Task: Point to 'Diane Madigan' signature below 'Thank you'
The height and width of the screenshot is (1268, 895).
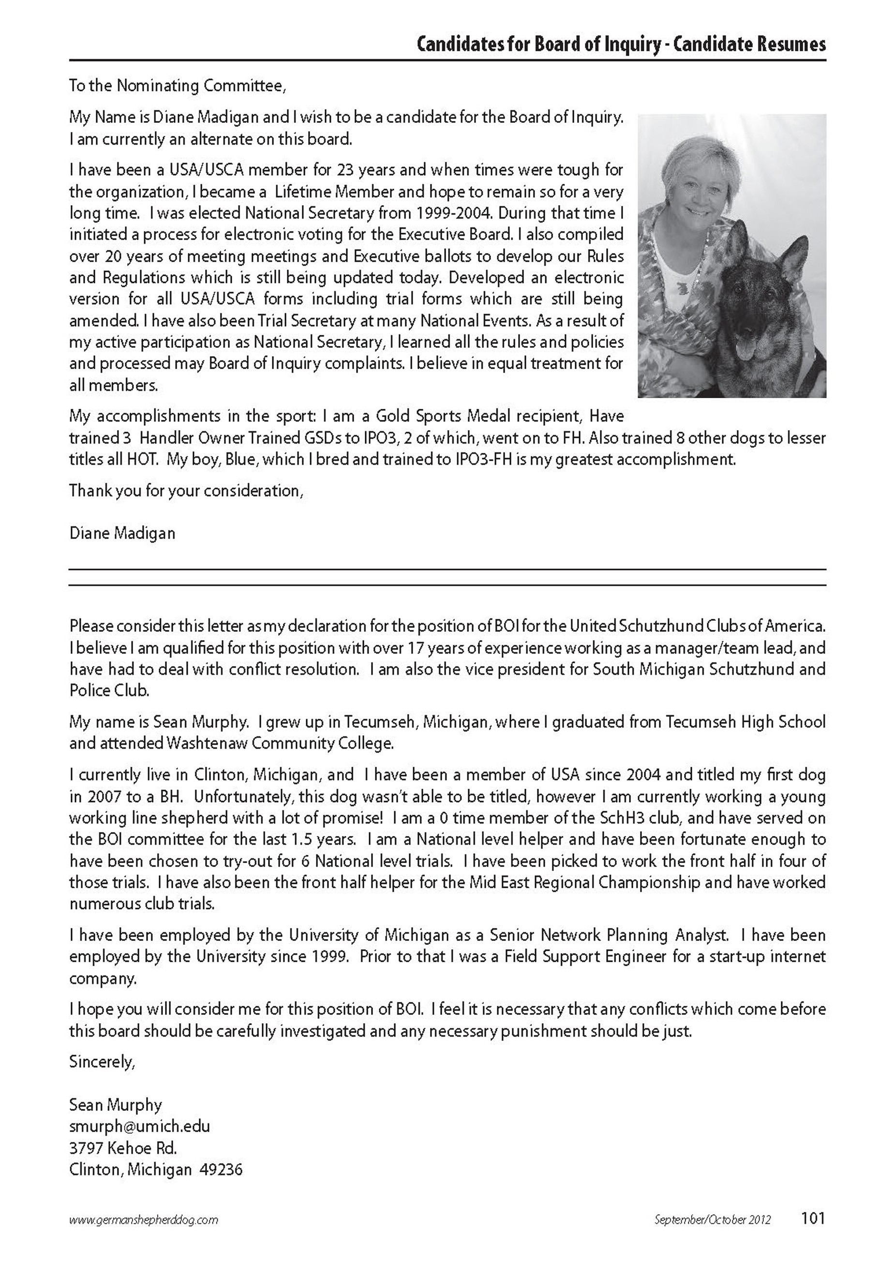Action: click(122, 533)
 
